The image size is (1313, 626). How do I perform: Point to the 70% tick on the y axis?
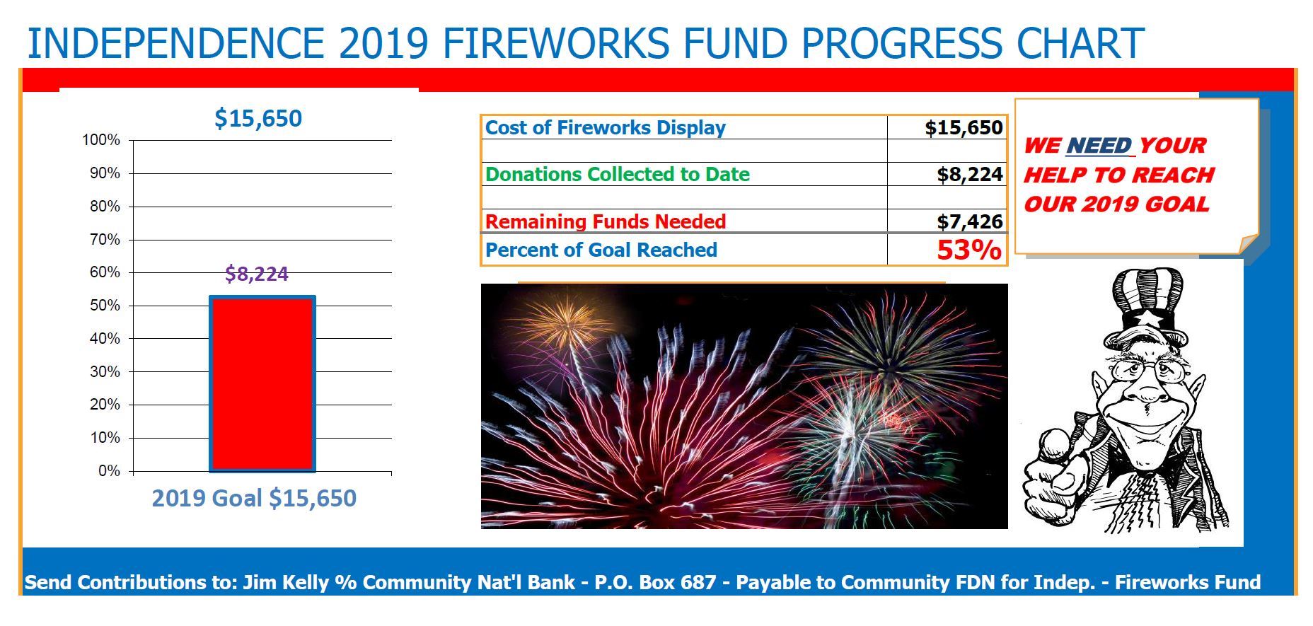pos(105,240)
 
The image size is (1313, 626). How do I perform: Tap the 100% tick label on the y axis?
pos(101,140)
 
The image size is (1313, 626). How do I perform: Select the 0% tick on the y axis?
pos(109,471)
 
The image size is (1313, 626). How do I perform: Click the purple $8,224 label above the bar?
pos(256,274)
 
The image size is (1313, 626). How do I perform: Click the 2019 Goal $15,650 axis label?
pos(254,498)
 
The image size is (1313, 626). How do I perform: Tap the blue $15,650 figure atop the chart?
pos(258,118)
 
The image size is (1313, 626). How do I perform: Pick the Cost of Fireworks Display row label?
pos(606,128)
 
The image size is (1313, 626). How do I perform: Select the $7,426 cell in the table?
pos(969,221)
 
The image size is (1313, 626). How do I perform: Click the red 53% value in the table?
pos(968,250)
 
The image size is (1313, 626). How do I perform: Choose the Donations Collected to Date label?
pos(617,175)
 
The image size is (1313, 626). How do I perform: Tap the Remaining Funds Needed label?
pos(606,222)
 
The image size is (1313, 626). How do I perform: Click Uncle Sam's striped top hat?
pos(1146,301)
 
